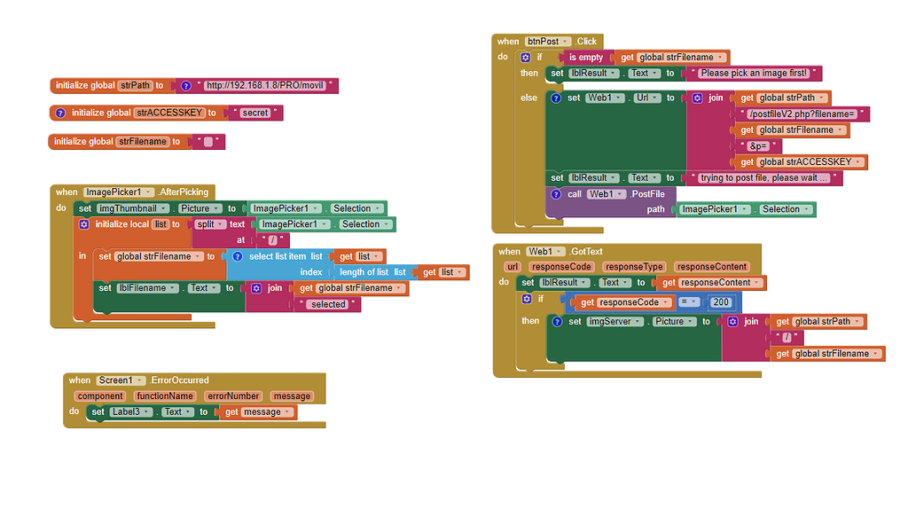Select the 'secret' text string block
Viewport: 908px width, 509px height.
(x=255, y=113)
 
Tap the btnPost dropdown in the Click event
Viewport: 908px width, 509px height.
(x=547, y=42)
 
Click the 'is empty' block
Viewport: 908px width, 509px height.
(x=585, y=57)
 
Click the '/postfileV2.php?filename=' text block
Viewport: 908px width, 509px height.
(x=802, y=114)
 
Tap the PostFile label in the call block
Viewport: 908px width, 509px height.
(x=646, y=194)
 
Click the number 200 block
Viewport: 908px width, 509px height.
(x=721, y=302)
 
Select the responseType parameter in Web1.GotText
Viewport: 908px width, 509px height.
(x=634, y=267)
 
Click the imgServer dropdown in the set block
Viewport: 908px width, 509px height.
(x=611, y=322)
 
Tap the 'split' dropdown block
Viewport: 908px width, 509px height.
(x=210, y=224)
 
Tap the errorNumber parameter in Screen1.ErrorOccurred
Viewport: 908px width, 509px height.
(x=232, y=396)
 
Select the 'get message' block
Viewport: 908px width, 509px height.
(x=258, y=412)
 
